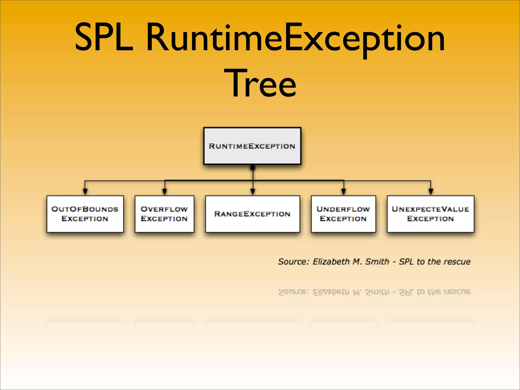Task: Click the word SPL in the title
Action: (104, 37)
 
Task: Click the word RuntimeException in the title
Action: (295, 38)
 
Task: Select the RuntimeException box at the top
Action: (252, 146)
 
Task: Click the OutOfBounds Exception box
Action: (85, 214)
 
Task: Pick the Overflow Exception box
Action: (164, 214)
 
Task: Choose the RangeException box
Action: (252, 214)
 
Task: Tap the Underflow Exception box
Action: (343, 214)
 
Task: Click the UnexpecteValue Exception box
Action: (430, 214)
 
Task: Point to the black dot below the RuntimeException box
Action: (253, 168)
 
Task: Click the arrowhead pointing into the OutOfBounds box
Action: (85, 192)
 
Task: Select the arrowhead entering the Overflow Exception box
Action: (165, 192)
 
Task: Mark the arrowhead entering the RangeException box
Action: (253, 192)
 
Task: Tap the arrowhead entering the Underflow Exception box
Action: (344, 192)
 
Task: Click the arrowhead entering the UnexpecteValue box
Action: (431, 192)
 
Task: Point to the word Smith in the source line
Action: (377, 262)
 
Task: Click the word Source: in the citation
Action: (294, 262)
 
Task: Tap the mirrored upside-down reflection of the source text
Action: (374, 292)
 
